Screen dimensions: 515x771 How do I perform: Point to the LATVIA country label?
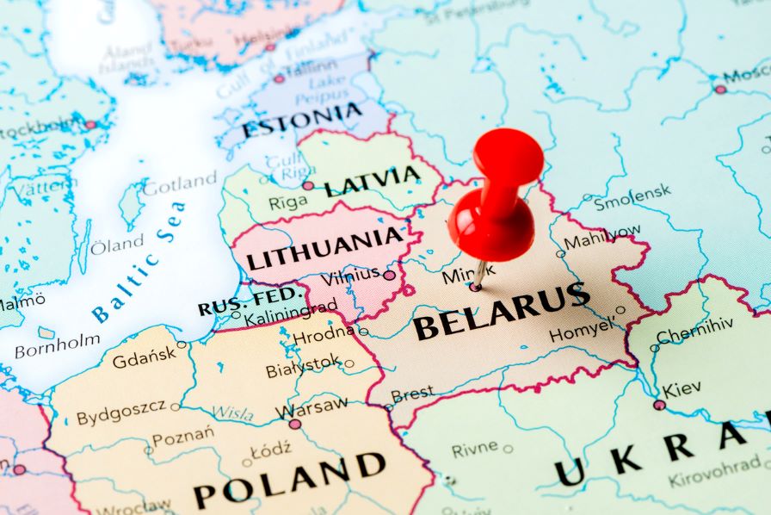tap(373, 182)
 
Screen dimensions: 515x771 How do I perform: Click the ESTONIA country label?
tap(302, 121)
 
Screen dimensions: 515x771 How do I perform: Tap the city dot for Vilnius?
tap(389, 276)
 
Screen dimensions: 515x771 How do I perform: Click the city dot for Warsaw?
tap(295, 424)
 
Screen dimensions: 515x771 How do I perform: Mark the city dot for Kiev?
tap(659, 405)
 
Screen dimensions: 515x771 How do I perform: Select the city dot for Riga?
tap(308, 185)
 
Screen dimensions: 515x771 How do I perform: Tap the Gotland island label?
tap(180, 183)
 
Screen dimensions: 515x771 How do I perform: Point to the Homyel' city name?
tap(583, 328)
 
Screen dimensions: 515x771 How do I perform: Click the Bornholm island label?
tap(57, 344)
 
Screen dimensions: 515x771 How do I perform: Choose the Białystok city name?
tap(303, 368)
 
